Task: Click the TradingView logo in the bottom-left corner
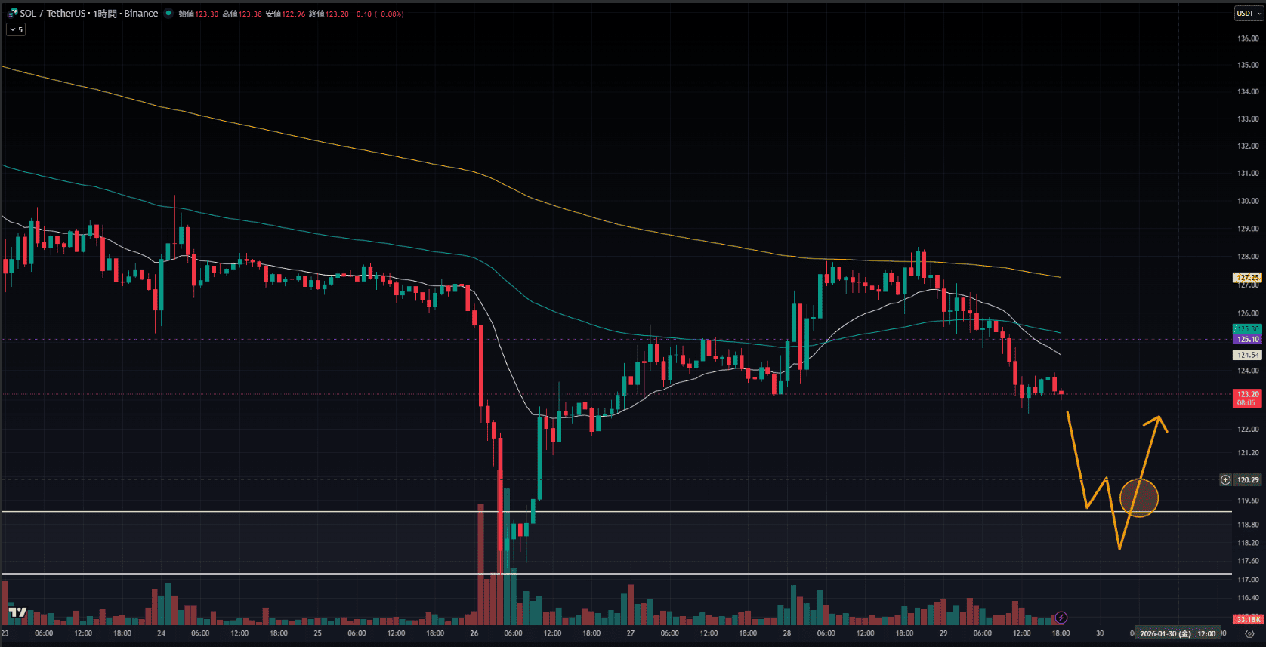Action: click(17, 612)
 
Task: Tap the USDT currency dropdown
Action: click(1248, 13)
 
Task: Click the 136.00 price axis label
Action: click(1248, 39)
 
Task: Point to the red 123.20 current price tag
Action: click(1248, 394)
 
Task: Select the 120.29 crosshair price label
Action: click(1248, 480)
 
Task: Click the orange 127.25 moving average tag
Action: click(1248, 278)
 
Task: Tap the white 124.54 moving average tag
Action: click(1248, 355)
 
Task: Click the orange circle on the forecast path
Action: click(1138, 498)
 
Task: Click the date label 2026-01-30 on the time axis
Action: click(1165, 634)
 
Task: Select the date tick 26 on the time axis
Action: click(474, 633)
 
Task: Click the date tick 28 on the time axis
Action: click(787, 633)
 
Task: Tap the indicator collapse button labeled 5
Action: click(16, 29)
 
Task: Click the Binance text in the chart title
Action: click(141, 14)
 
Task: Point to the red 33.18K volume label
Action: click(1248, 620)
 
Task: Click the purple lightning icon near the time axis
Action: click(1061, 618)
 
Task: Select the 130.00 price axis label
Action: click(1248, 201)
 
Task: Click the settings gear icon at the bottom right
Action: click(1249, 634)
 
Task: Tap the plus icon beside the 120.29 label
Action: click(1226, 480)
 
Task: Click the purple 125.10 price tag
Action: click(1248, 340)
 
